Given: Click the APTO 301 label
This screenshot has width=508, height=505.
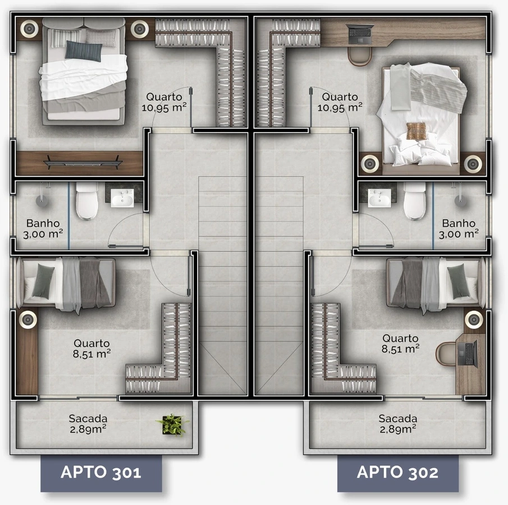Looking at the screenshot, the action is click(x=100, y=472).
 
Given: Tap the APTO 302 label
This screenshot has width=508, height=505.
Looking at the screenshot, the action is click(x=397, y=472).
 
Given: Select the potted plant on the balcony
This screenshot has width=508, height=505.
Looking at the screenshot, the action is click(x=172, y=425).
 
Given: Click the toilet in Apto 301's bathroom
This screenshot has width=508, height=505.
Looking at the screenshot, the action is click(x=87, y=201).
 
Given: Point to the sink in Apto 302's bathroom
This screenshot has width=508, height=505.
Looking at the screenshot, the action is click(x=379, y=198).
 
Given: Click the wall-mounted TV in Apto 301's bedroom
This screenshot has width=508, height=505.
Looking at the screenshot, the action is click(x=83, y=162).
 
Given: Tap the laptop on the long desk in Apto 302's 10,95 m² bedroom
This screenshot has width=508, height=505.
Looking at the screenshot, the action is click(x=359, y=34).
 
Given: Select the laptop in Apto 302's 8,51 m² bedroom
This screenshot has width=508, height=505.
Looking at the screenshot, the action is click(x=468, y=353).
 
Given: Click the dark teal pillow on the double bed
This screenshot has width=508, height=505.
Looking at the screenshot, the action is click(x=83, y=51).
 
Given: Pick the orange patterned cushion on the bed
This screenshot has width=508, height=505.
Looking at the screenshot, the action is click(x=417, y=131).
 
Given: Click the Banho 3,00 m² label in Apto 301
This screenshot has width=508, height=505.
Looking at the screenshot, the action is click(x=43, y=229).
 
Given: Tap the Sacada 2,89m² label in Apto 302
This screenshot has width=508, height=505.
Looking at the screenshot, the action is click(x=398, y=424).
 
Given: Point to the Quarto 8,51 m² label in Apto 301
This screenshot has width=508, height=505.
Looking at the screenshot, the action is click(x=91, y=348).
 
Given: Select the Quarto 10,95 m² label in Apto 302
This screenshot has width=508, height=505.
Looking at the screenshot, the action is click(x=340, y=102).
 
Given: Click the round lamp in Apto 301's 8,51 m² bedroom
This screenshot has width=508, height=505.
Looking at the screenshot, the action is click(x=28, y=320).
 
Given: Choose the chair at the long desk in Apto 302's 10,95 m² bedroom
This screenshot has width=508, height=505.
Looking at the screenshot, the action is click(x=359, y=57).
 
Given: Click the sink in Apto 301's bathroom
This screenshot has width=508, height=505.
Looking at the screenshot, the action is click(x=122, y=198).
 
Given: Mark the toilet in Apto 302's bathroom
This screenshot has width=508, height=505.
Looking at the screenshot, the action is click(x=415, y=201).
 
